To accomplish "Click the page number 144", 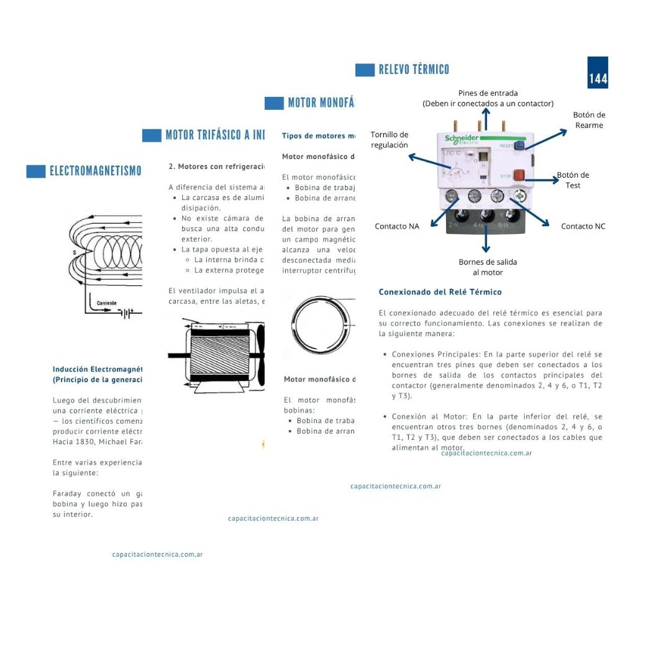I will [x=598, y=79].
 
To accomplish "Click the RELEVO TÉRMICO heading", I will [x=414, y=70].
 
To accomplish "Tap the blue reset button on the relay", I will [x=519, y=146].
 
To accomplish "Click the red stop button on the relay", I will [x=519, y=176].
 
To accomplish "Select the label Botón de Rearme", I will [x=588, y=120].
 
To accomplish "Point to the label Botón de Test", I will [x=573, y=180].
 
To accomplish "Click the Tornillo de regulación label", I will [x=390, y=140].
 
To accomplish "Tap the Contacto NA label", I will [x=397, y=226].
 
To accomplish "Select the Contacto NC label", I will [x=583, y=226].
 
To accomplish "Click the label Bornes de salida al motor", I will [x=488, y=267].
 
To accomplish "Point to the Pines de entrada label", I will [x=488, y=98].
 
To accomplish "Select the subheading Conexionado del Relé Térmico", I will [x=440, y=292].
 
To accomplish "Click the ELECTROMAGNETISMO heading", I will [x=95, y=171].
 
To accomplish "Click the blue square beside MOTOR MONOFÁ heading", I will [x=274, y=103].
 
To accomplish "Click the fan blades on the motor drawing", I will [x=260, y=355].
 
